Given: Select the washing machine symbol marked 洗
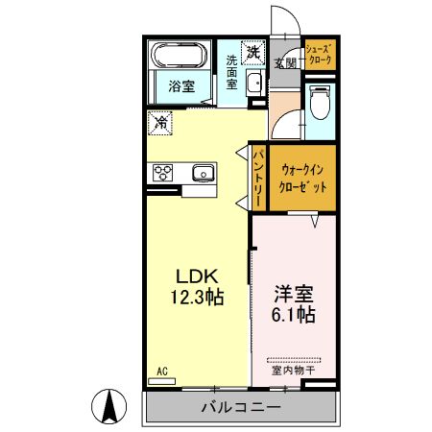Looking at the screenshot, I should (x=252, y=52).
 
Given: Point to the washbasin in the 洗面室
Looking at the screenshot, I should (x=254, y=84).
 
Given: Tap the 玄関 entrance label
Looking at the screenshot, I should (x=285, y=63).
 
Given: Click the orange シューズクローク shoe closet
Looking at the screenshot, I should (x=319, y=54).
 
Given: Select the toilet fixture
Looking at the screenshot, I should (x=319, y=99).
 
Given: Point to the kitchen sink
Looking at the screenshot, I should (x=204, y=173).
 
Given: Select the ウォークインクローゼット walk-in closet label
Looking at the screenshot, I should (x=303, y=179).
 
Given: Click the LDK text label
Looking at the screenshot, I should (x=197, y=274).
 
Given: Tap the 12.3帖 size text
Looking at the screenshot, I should (x=197, y=297).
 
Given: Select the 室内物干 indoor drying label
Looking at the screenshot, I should (x=295, y=369).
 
